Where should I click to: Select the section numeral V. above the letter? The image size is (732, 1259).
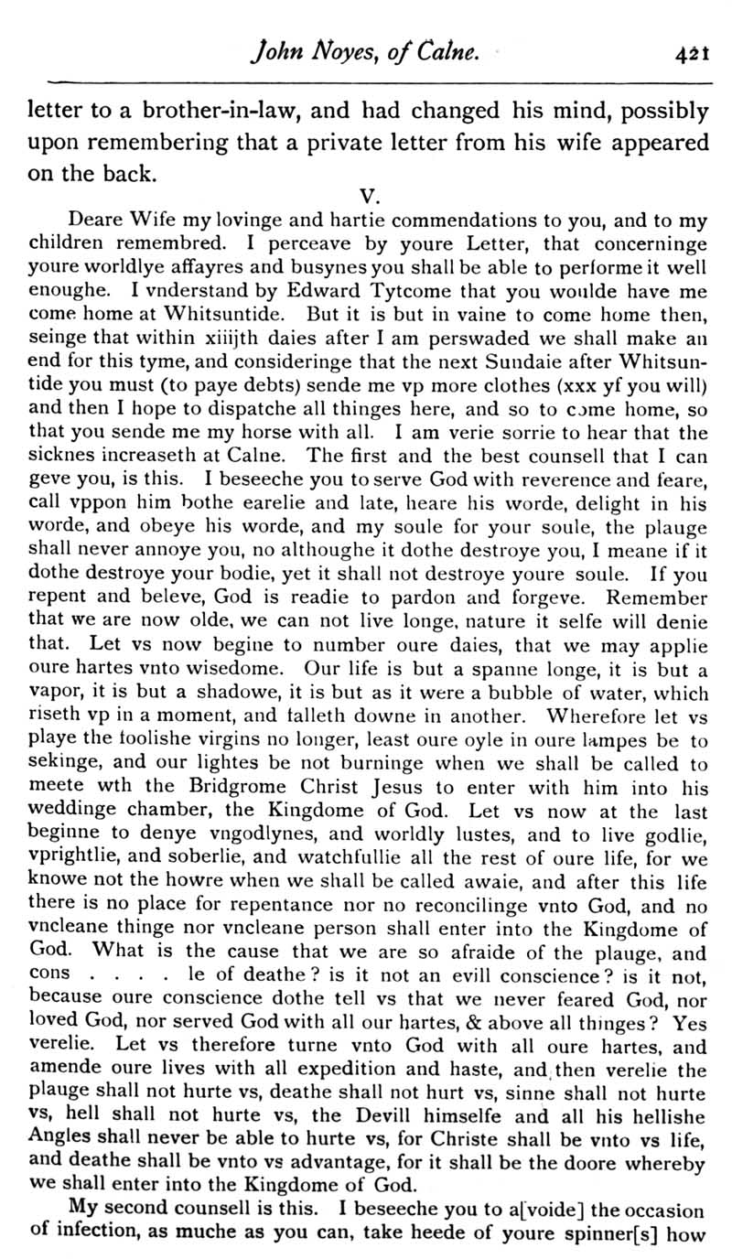pyautogui.click(x=370, y=195)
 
